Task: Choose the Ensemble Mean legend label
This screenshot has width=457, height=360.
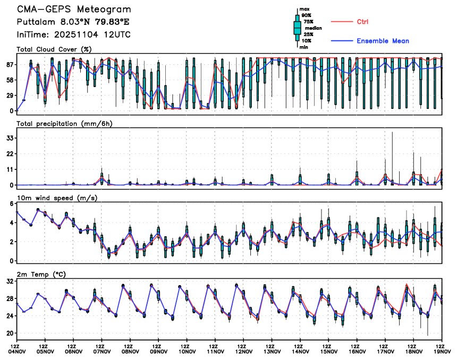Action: click(383, 41)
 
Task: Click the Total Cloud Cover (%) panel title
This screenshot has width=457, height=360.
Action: click(54, 49)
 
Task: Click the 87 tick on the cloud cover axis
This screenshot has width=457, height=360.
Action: click(10, 64)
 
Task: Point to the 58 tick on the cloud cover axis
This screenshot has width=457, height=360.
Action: click(10, 80)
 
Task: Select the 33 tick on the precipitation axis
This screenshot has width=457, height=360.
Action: click(10, 138)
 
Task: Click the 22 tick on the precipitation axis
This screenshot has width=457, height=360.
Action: click(10, 153)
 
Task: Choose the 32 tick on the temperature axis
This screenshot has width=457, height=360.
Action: click(10, 282)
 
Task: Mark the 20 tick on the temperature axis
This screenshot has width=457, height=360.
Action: click(10, 333)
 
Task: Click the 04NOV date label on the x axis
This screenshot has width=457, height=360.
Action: click(16, 351)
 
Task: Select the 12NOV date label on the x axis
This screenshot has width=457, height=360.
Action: click(243, 351)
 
